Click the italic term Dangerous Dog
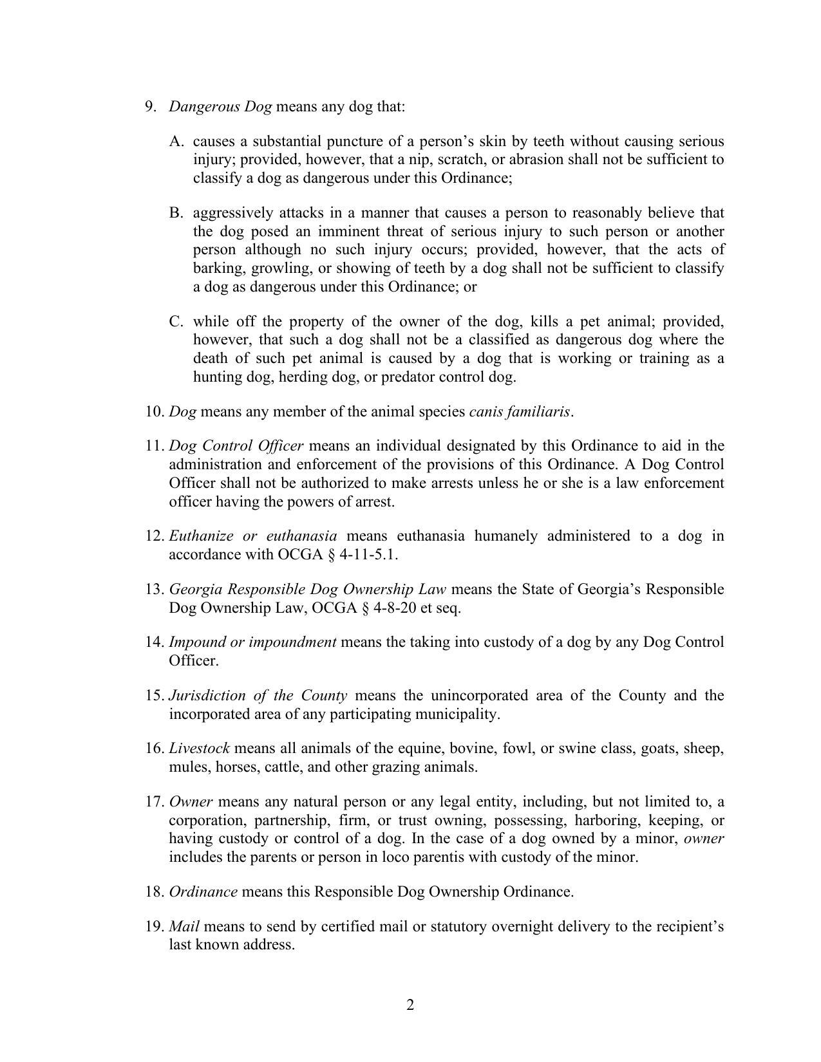(220, 106)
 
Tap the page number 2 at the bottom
(410, 1005)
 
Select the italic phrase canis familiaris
(520, 411)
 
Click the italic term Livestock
(199, 749)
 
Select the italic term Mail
(184, 926)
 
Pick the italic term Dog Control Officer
(236, 446)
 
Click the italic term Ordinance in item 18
(203, 892)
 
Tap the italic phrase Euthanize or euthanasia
(252, 536)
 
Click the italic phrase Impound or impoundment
(252, 642)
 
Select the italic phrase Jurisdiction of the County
(258, 696)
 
